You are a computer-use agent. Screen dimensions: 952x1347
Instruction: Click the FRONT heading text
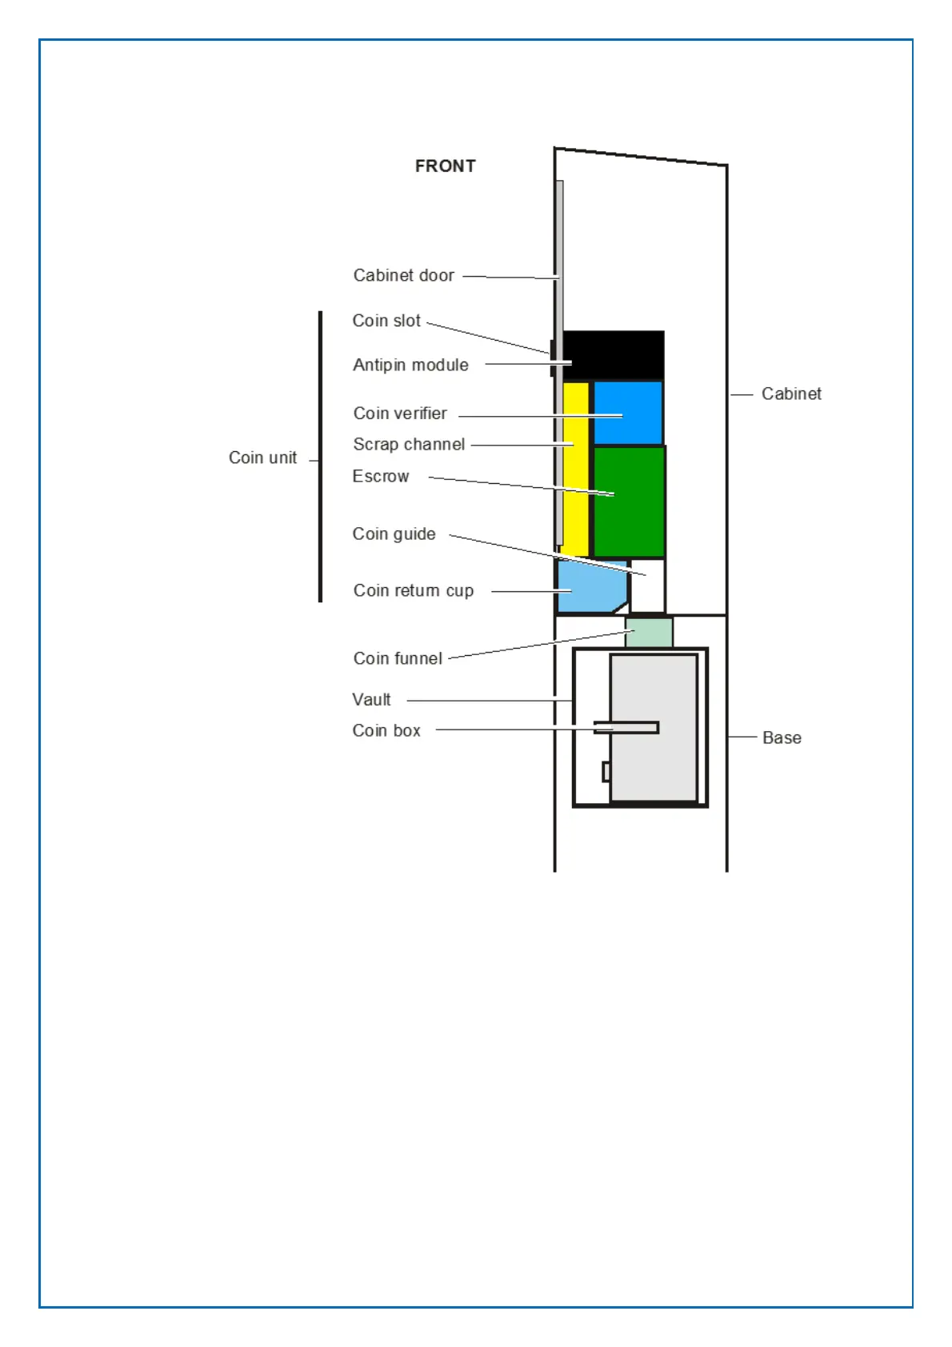[445, 166]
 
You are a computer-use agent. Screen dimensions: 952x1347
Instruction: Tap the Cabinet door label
[403, 275]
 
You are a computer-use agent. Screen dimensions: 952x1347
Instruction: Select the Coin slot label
[386, 321]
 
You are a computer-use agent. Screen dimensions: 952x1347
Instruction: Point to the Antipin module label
[410, 365]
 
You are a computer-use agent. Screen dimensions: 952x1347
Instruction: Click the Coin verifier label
[400, 414]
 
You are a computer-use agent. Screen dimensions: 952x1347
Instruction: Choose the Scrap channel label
[409, 444]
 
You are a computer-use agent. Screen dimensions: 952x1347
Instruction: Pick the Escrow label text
[381, 477]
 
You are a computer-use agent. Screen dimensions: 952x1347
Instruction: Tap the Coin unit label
[262, 458]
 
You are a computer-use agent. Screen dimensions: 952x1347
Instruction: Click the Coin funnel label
[398, 658]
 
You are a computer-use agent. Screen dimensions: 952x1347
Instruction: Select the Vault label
[371, 700]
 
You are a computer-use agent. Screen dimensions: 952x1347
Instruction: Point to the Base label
[782, 738]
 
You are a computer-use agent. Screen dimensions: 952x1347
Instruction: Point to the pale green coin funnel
[649, 632]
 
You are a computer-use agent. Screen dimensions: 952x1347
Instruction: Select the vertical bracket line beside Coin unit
[320, 456]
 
